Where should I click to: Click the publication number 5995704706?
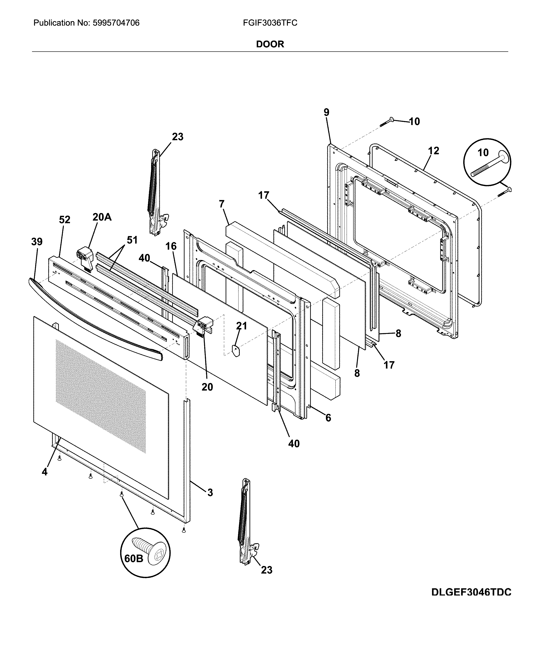[116, 23]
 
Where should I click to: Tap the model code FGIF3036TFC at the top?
[270, 23]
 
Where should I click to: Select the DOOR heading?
[270, 44]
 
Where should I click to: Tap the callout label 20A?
[102, 217]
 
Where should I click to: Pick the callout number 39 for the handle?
[37, 241]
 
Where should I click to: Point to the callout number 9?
[327, 112]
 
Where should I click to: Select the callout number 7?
[222, 204]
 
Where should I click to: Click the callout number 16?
[171, 246]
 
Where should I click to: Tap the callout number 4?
[45, 472]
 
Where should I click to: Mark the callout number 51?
[132, 240]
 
